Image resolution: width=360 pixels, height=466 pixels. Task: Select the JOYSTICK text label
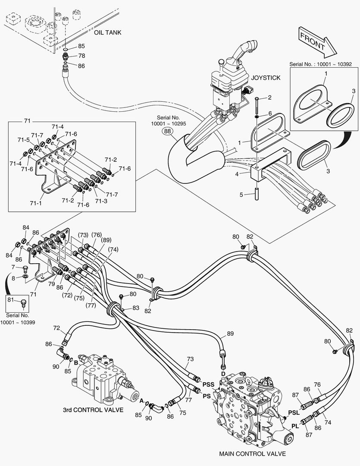click(266, 78)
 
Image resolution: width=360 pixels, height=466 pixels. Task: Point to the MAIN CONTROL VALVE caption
click(252, 453)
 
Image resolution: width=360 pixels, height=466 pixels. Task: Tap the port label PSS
click(209, 384)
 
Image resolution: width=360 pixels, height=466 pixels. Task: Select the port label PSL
click(294, 412)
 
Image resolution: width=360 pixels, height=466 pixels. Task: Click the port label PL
click(295, 426)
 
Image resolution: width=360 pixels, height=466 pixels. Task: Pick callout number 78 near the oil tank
click(81, 56)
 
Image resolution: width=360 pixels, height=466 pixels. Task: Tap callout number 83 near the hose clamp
click(136, 308)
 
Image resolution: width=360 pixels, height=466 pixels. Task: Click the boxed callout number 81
click(11, 301)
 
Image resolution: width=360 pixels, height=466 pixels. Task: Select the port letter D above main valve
click(223, 373)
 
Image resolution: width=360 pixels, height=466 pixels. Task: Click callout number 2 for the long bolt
click(269, 98)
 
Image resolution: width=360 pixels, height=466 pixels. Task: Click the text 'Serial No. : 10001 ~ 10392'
click(321, 64)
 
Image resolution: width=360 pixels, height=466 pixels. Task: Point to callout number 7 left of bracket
click(13, 268)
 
